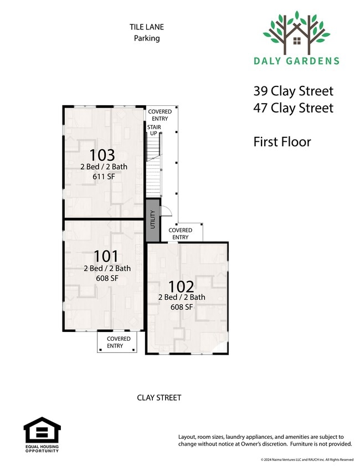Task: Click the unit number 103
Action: [x=102, y=155]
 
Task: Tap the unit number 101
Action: [x=106, y=256]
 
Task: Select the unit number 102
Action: [x=181, y=286]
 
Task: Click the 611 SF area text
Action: [x=104, y=177]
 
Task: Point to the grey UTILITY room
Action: [x=153, y=220]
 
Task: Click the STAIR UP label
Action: [x=154, y=130]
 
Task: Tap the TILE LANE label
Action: [x=147, y=27]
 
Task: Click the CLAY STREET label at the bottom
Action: [x=159, y=398]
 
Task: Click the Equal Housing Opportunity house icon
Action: [x=42, y=430]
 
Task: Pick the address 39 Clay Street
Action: [x=293, y=91]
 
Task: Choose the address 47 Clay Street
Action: [x=293, y=108]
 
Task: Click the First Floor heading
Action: [x=282, y=142]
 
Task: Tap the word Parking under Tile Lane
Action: [x=147, y=38]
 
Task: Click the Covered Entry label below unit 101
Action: [x=118, y=342]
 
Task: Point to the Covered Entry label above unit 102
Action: [x=181, y=234]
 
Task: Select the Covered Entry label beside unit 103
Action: [x=160, y=115]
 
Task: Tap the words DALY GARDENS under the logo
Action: [x=296, y=61]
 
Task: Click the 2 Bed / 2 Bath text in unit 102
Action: [x=182, y=297]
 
